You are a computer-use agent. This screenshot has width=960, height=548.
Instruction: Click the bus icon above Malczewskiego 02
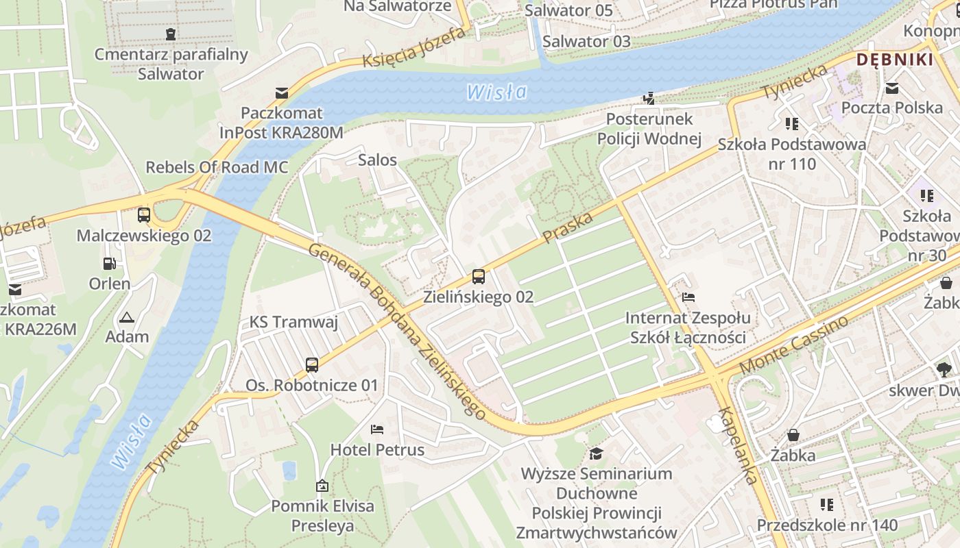coord(144,215)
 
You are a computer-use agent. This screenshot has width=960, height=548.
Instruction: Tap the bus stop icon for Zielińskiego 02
coord(479,277)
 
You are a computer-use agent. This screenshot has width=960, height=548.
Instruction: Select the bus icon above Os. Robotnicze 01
coord(312,364)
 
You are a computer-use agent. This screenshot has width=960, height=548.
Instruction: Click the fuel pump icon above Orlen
coord(109,263)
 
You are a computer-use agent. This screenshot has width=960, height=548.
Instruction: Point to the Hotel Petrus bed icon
coord(377,429)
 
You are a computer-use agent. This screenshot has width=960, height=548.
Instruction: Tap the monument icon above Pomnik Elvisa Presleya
coord(322,486)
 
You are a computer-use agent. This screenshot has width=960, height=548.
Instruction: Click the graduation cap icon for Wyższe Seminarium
coord(597,453)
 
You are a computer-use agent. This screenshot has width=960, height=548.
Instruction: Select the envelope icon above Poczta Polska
coord(892,88)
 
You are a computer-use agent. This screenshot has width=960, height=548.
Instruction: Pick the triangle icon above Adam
coord(126,317)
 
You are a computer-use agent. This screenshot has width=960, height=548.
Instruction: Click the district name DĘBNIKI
coord(895,60)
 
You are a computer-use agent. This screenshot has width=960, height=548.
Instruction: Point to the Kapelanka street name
coord(739,446)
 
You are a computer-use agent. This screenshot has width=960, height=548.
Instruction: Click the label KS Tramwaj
coord(293,322)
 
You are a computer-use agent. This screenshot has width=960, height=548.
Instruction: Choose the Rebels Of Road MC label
coord(217,167)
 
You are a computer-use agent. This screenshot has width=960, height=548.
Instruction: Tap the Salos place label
coord(377,160)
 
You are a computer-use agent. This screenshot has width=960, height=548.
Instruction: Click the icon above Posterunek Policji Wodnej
coord(649,99)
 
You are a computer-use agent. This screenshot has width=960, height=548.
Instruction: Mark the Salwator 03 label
coord(586,41)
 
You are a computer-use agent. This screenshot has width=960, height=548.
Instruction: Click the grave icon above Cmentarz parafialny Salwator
coord(171,34)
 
